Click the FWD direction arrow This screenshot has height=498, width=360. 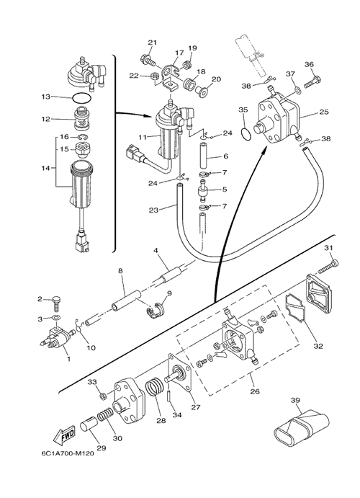pos(65,435)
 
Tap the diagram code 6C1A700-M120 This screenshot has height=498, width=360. pos(68,453)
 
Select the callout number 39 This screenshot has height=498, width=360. pos(295,401)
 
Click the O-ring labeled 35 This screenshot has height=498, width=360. pos(246,133)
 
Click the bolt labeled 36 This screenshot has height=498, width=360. pos(312,81)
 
